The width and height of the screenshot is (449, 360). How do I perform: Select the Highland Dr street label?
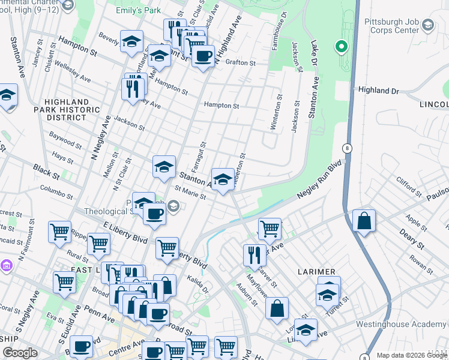[x=378, y=90]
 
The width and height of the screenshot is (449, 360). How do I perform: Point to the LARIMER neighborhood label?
[x=315, y=272]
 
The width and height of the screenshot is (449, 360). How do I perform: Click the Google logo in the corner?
[x=20, y=353]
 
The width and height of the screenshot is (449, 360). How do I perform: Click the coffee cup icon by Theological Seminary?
[x=154, y=214]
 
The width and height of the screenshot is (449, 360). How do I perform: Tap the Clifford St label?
[x=409, y=187]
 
